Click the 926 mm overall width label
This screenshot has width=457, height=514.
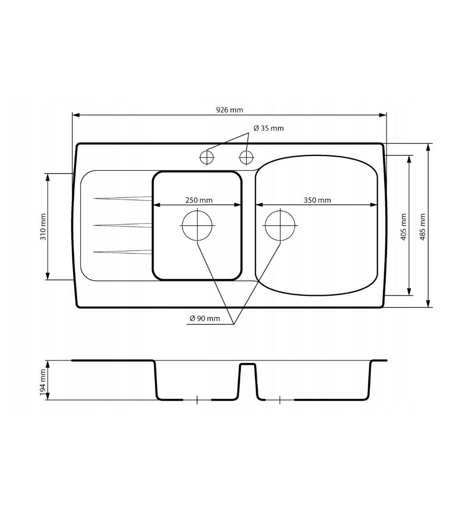tap(229, 110)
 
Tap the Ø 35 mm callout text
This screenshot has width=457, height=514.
tap(269, 128)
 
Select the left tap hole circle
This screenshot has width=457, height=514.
tap(207, 157)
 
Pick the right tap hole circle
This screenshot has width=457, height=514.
tap(246, 157)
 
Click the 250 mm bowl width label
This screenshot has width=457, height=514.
tap(199, 200)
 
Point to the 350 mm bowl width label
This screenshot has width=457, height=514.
tap(317, 200)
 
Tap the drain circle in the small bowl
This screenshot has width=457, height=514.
tap(197, 226)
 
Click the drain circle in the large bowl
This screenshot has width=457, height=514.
tap(280, 226)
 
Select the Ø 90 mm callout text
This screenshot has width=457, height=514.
tap(205, 318)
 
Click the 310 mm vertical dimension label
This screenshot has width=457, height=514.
tap(43, 227)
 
